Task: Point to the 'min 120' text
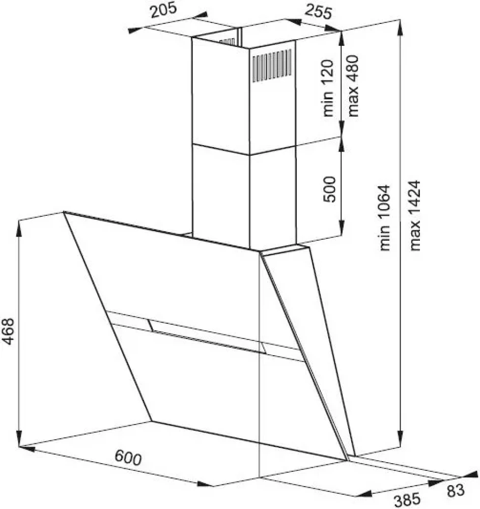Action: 328,88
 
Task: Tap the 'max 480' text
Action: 353,86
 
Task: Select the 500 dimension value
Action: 329,189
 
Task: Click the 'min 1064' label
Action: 384,218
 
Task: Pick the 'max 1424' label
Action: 415,215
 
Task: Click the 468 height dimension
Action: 8,331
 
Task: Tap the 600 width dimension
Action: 128,457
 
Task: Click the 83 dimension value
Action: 456,491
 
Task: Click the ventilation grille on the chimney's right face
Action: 272,65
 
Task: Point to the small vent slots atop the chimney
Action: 227,42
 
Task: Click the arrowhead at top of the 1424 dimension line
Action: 401,26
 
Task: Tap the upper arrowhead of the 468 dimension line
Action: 19,227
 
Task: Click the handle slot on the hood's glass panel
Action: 208,336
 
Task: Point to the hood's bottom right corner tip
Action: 347,460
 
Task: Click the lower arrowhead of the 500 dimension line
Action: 342,229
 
